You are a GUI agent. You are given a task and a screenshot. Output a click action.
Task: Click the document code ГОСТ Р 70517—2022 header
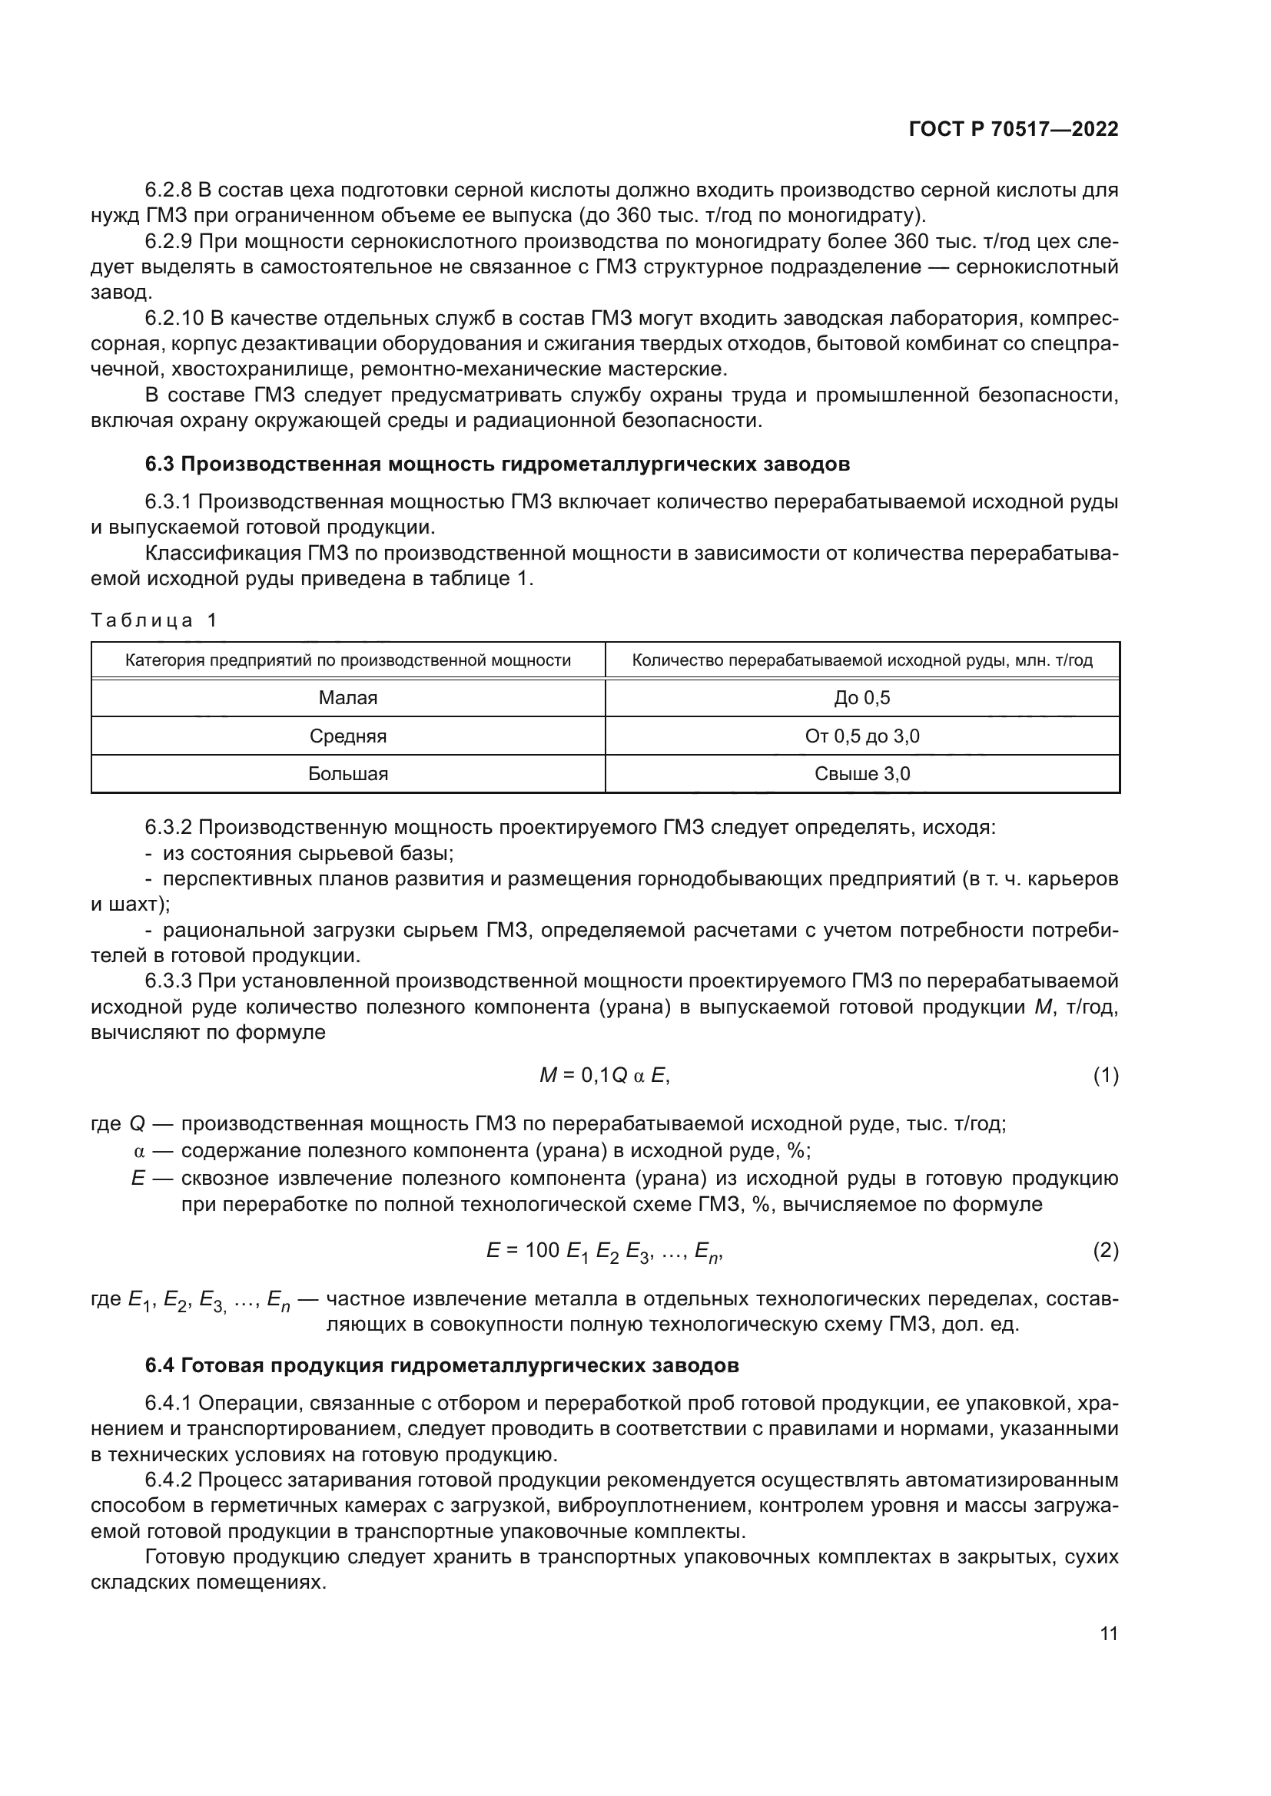(x=1013, y=130)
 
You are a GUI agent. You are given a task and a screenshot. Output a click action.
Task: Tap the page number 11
(x=1108, y=1633)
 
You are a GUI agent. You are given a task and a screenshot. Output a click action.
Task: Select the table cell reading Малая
(x=347, y=698)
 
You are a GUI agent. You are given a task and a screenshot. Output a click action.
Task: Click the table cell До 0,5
(x=861, y=698)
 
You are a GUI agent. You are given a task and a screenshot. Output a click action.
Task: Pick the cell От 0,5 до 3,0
(x=861, y=736)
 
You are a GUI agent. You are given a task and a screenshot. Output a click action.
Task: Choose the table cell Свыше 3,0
(x=861, y=774)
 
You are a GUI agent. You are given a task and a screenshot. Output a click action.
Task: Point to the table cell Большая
(x=347, y=774)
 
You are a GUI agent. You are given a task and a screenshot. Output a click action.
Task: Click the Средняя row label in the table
(x=347, y=736)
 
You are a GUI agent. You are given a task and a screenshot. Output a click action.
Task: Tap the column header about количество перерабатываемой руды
(x=861, y=660)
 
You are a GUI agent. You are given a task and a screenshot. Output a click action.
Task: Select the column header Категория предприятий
(x=347, y=660)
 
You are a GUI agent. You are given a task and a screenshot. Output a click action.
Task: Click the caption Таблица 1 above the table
(x=154, y=620)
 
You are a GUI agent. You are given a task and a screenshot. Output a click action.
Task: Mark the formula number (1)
(x=1105, y=1077)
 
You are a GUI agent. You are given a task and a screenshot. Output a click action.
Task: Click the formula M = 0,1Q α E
(x=604, y=1077)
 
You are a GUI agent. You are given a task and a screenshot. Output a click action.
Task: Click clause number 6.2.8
(x=168, y=190)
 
